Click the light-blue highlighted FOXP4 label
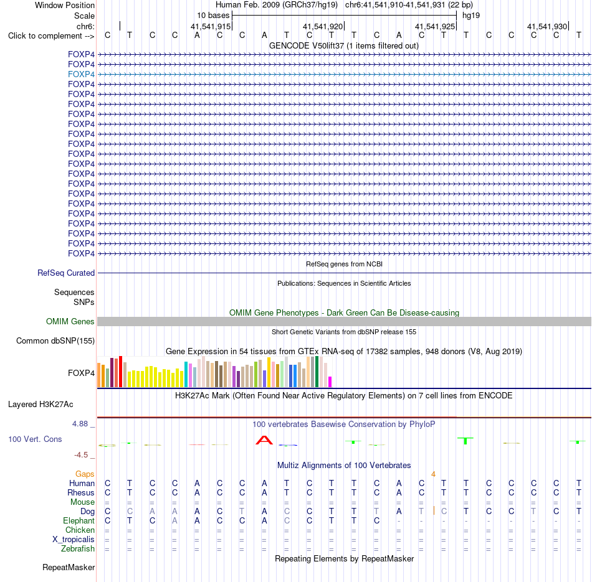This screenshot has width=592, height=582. click(x=81, y=74)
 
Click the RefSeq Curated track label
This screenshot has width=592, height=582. click(x=66, y=273)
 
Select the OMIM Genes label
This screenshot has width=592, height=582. click(x=70, y=321)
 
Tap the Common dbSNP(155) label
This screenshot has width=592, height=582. click(x=55, y=340)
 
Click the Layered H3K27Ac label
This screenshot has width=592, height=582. click(x=41, y=405)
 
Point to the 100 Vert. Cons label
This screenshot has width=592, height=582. click(x=35, y=439)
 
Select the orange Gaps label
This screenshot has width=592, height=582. click(x=85, y=474)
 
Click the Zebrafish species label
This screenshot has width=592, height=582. click(x=78, y=548)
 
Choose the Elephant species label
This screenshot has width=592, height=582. click(x=79, y=520)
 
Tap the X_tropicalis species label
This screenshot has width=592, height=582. click(x=74, y=540)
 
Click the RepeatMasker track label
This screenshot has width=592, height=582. click(x=69, y=567)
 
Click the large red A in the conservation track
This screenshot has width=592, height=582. click(x=264, y=440)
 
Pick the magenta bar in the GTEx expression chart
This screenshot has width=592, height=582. click(x=330, y=382)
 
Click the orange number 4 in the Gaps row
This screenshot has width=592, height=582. click(x=434, y=474)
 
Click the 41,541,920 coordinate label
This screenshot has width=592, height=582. click(x=323, y=26)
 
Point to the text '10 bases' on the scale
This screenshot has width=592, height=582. click(x=213, y=16)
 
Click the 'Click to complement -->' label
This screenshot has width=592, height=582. click(x=51, y=36)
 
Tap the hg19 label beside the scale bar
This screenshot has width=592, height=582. click(x=471, y=16)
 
